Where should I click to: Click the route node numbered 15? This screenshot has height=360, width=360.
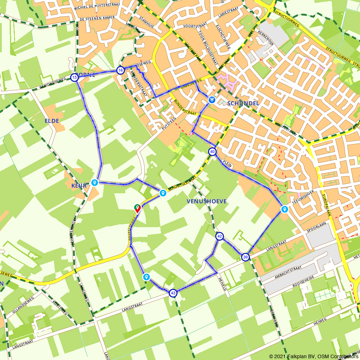coord(74,77)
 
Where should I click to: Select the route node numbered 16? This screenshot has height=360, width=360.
coord(120,70)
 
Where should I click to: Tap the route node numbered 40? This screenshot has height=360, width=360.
coord(212,152)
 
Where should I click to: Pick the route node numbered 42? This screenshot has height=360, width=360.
coord(219,236)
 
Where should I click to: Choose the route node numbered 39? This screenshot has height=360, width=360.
coord(245,257)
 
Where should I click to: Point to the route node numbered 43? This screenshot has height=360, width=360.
coord(173,293)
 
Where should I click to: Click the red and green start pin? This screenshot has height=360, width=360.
coord(137,208)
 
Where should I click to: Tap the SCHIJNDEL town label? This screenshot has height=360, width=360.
coord(243,103)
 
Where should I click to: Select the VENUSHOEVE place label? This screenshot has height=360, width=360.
coord(207,201)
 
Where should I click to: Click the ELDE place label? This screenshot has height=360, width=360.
coord(52,121)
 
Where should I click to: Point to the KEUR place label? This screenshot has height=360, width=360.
coord(79,186)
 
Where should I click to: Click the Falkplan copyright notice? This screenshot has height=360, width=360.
coord(314,356)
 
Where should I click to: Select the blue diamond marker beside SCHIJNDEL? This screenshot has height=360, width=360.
coord(212,99)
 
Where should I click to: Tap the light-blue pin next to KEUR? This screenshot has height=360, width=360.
coord(95,183)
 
